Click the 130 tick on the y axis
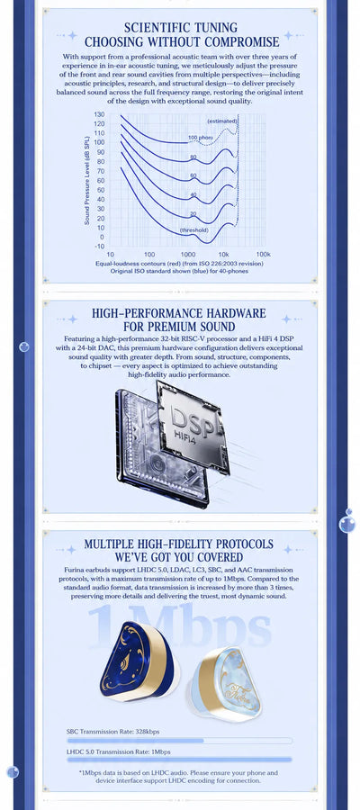99,114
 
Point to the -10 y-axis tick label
99,247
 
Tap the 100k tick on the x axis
264,255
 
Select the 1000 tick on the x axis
188,255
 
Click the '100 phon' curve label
199,138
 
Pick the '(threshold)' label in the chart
193,229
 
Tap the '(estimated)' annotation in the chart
222,121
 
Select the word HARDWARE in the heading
235,313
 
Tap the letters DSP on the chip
192,418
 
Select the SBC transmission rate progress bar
179,741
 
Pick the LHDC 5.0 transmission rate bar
179,760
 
